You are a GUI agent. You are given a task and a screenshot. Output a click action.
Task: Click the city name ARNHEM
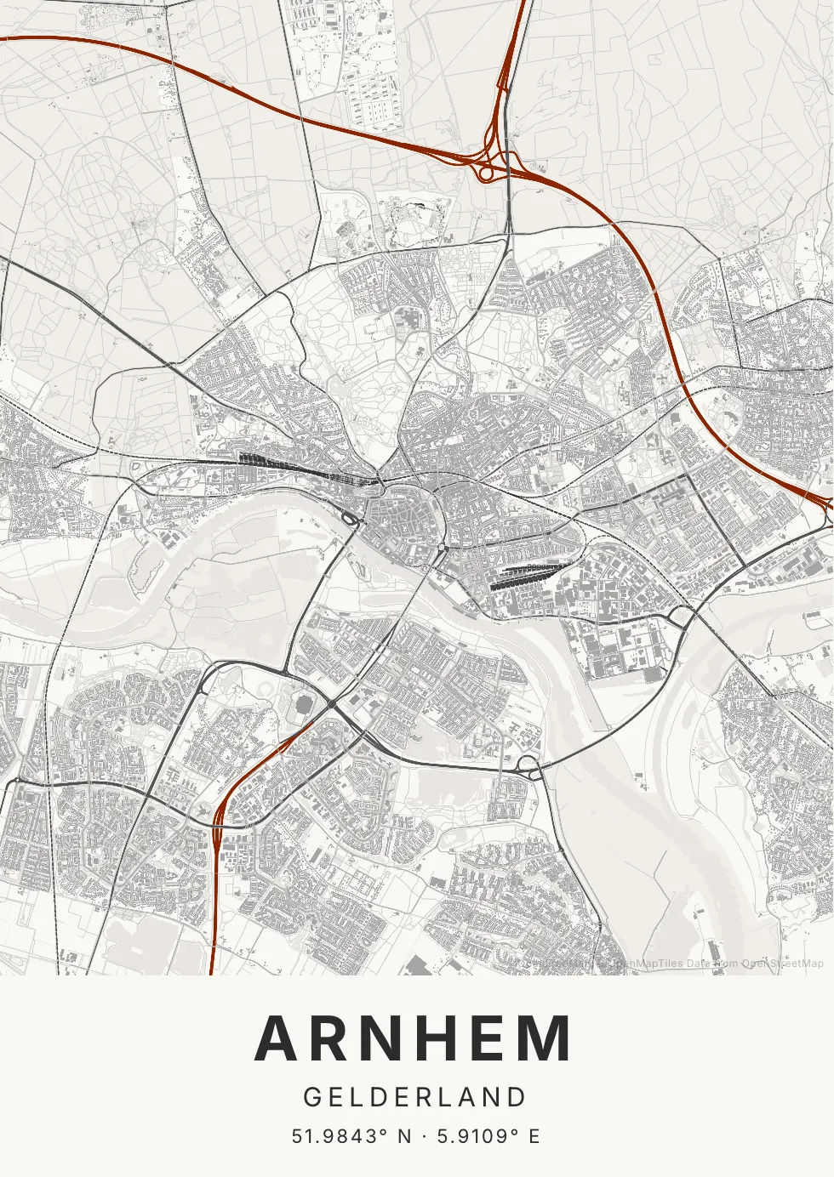coord(414,1038)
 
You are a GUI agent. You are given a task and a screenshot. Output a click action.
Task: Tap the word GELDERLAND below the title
coord(415,1097)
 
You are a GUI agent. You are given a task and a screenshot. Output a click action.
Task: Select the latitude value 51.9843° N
coord(351,1136)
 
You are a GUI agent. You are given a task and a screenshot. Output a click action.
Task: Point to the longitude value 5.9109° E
coord(488,1136)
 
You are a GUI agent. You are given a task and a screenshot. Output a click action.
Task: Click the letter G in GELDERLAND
coord(312,1097)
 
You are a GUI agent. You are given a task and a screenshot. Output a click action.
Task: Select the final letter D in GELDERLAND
coord(518,1097)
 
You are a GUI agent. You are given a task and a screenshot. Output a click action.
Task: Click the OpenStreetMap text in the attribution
coord(782,964)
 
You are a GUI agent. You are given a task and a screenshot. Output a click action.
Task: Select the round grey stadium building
coord(304,705)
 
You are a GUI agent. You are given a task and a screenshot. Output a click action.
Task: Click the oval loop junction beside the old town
coord(349,518)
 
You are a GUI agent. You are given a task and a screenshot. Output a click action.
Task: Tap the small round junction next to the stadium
coord(330,705)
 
